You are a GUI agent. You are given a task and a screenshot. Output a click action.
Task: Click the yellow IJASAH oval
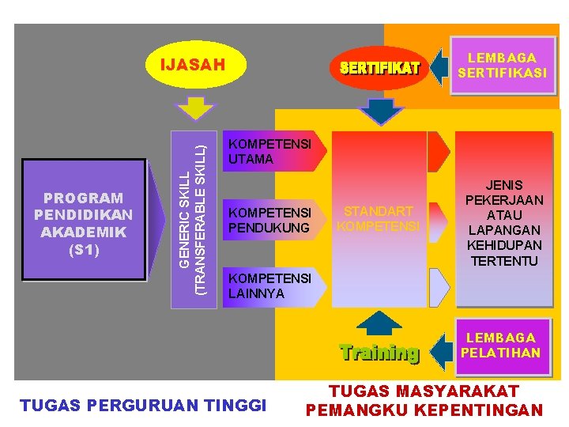(193, 65)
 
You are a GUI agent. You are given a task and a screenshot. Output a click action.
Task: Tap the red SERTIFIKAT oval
(379, 68)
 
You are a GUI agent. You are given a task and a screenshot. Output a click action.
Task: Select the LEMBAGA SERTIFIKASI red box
(501, 66)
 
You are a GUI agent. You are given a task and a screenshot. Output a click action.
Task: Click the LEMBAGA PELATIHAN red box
(501, 346)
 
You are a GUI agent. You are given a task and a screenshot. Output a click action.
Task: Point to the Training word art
(379, 352)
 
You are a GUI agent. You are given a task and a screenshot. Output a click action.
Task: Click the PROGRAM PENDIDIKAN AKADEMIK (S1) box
(84, 221)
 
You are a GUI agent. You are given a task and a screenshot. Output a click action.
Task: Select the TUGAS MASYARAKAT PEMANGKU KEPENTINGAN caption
(424, 400)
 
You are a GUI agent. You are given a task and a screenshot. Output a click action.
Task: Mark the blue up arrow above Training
(380, 323)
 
